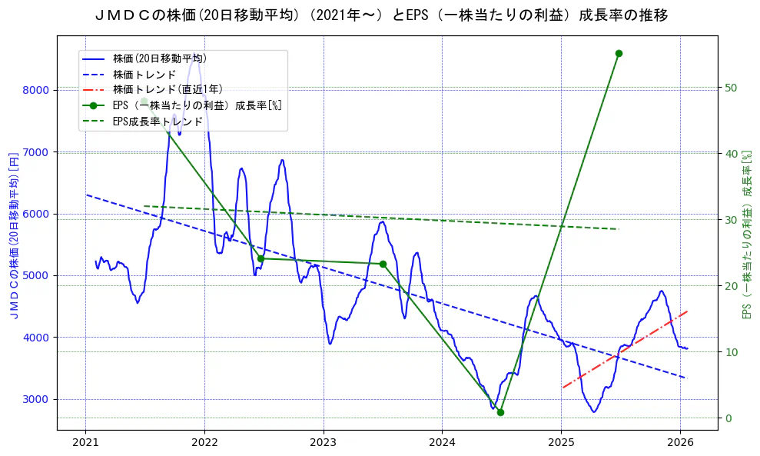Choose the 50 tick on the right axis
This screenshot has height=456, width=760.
point(732,88)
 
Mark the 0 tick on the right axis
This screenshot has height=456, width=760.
point(728,418)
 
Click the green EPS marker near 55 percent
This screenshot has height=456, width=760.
point(619,53)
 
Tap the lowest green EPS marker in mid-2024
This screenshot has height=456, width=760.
point(500,412)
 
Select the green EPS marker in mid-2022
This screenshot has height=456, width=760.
point(261,258)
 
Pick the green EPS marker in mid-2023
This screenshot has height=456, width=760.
point(383,264)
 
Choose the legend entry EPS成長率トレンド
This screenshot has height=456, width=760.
point(158,121)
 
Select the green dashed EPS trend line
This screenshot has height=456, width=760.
point(384,218)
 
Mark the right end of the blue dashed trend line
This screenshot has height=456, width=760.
point(683,377)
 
